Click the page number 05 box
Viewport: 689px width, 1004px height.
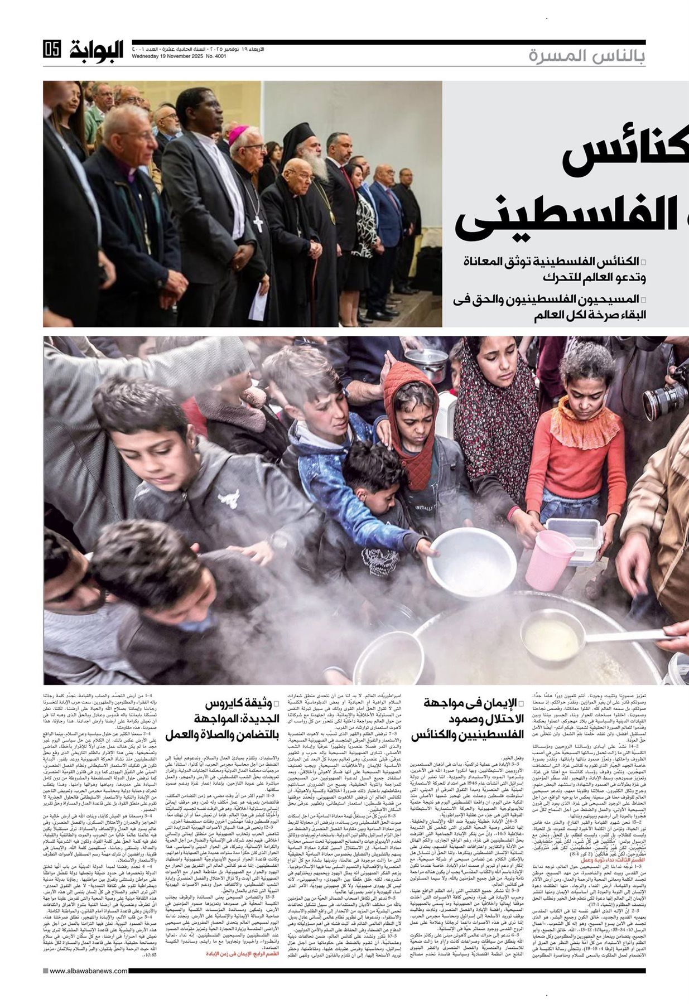coord(51,50)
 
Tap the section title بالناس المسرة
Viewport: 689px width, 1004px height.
coord(586,56)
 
